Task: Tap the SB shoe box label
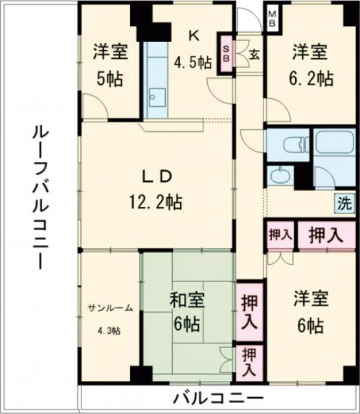pos(227,51)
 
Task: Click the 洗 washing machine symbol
pos(344,204)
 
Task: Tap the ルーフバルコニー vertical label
pos(40,197)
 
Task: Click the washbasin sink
pos(280,175)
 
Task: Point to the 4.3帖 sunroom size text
pos(108,331)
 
